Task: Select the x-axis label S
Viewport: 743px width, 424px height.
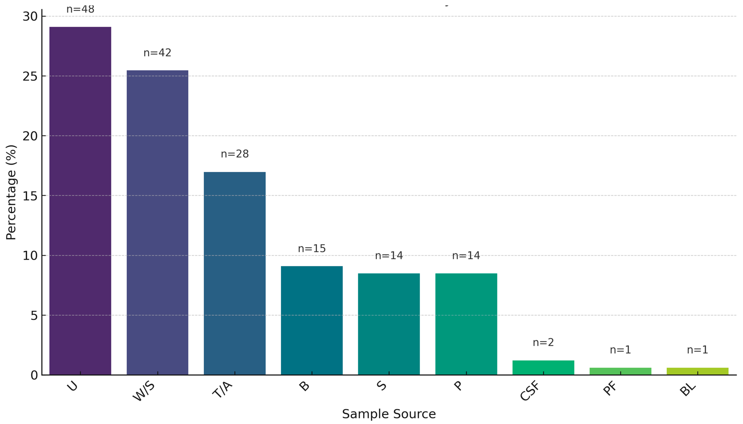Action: pyautogui.click(x=382, y=386)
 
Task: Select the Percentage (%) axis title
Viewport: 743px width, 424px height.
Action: pyautogui.click(x=11, y=192)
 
